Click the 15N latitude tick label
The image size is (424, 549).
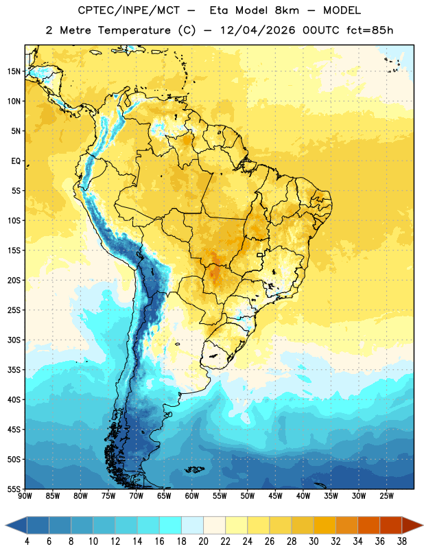pyautogui.click(x=14, y=71)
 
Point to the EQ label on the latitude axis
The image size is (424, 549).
pyautogui.click(x=16, y=161)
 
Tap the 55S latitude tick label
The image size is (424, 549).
pyautogui.click(x=14, y=489)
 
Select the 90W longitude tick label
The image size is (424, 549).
pyautogui.click(x=25, y=496)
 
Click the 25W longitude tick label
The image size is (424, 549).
pyautogui.click(x=386, y=496)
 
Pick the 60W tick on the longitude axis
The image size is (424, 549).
pyautogui.click(x=192, y=496)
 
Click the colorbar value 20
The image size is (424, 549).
pyautogui.click(x=203, y=541)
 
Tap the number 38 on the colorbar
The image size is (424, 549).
pyautogui.click(x=401, y=541)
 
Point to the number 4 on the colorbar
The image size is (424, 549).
pyautogui.click(x=27, y=541)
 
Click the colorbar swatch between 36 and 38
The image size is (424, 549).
pyautogui.click(x=391, y=525)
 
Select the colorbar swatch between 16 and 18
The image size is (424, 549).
pyautogui.click(x=170, y=525)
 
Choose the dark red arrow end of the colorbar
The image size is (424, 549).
pyautogui.click(x=412, y=525)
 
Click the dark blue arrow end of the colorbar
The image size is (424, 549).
pyautogui.click(x=16, y=525)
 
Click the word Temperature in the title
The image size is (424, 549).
pyautogui.click(x=134, y=30)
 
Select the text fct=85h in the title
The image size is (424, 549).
pyautogui.click(x=370, y=30)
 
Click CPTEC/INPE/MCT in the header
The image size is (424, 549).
pyautogui.click(x=129, y=10)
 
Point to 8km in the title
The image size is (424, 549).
pyautogui.click(x=287, y=10)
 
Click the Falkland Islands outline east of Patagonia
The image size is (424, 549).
pyautogui.click(x=194, y=469)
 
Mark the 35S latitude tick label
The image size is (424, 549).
pyautogui.click(x=14, y=370)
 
